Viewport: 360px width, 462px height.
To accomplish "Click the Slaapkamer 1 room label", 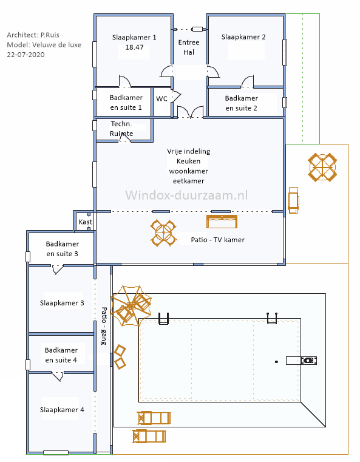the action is tap(134, 38).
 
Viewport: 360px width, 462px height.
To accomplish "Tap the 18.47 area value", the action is tap(134, 47).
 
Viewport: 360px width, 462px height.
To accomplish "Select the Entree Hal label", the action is tap(189, 47).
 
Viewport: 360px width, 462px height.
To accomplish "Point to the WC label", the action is tap(161, 99).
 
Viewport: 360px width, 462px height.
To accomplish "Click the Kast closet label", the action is tap(86, 222).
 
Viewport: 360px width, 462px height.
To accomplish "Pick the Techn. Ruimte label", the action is tap(121, 129).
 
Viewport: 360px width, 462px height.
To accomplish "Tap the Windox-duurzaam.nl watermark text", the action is tap(186, 195).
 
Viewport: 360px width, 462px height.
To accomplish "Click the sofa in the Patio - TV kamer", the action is tap(222, 222).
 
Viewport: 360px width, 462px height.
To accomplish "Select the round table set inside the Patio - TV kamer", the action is tap(163, 233).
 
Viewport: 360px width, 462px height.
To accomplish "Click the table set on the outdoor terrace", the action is tap(322, 168).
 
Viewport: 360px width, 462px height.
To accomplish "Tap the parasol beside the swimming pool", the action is tap(131, 305).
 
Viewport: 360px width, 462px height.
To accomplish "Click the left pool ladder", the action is tap(163, 319).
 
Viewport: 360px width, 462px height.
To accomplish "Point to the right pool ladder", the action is tap(272, 319).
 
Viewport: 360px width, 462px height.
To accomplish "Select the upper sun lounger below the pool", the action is tap(154, 418).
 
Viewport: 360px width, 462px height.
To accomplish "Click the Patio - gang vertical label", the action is tap(104, 326).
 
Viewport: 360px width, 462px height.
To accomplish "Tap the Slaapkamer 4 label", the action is tap(62, 410).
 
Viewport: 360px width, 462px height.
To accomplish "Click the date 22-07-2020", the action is tap(26, 55).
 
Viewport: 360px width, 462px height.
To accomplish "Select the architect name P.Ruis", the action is tap(50, 35).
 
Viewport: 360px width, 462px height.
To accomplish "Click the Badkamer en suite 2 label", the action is tap(241, 103).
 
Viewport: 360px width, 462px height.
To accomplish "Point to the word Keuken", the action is tap(189, 161).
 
